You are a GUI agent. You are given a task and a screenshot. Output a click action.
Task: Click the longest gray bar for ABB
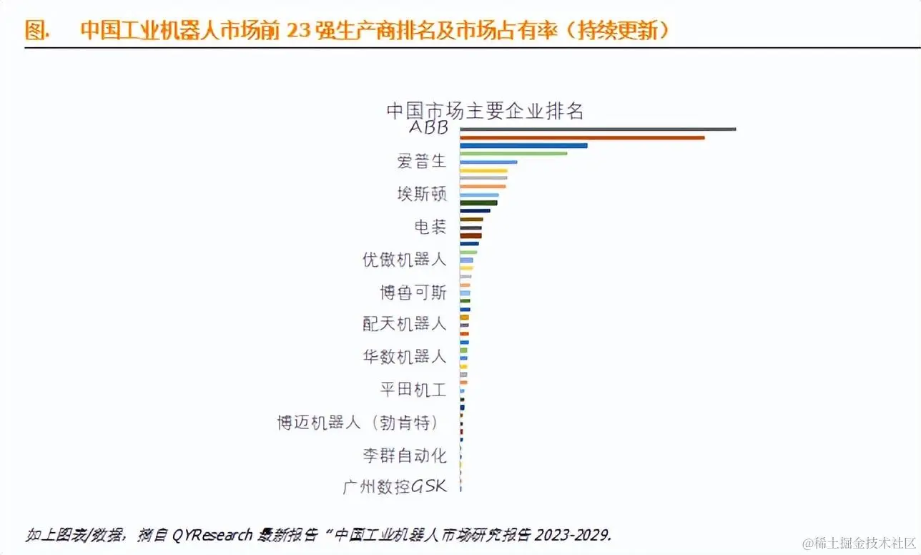point(597,129)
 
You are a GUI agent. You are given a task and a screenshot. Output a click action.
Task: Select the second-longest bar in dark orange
point(582,137)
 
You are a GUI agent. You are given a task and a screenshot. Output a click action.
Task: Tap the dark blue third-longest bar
point(523,145)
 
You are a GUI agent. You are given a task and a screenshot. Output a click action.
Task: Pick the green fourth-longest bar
point(513,153)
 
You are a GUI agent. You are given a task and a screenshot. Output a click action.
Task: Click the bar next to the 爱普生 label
point(488,162)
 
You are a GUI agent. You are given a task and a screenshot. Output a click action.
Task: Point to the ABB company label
point(428,128)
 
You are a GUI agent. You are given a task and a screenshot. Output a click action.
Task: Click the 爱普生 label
point(422,162)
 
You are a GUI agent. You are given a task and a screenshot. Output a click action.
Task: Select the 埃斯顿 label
point(422,194)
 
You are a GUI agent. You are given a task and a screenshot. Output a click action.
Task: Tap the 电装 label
point(430,227)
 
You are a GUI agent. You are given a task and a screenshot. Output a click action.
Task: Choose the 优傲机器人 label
point(405,259)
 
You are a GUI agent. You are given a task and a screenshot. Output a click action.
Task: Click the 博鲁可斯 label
point(413,292)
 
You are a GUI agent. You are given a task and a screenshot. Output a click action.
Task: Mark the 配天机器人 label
point(405,324)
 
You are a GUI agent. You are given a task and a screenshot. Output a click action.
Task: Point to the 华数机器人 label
point(405,356)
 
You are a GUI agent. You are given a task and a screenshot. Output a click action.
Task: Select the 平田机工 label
point(413,389)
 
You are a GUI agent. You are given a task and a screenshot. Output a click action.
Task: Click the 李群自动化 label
point(405,454)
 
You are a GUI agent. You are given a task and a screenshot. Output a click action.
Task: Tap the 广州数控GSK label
point(395,487)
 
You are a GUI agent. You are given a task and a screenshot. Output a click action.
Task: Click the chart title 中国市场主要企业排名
point(485,111)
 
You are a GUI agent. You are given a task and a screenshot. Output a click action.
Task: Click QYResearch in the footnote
point(212,534)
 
